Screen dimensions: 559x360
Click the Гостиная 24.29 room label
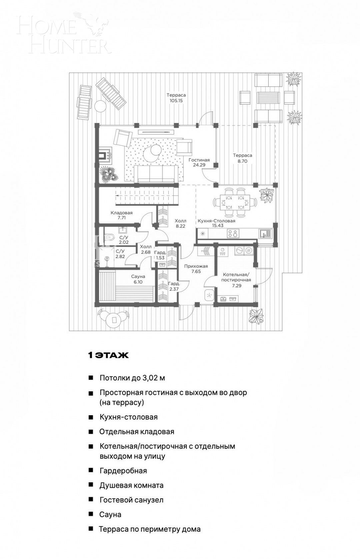pyautogui.click(x=199, y=162)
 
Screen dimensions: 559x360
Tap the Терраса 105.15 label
pyautogui.click(x=176, y=98)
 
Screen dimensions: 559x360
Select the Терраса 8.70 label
pyautogui.click(x=242, y=158)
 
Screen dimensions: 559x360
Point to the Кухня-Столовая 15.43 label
pyautogui.click(x=216, y=223)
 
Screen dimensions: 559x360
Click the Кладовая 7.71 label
pyautogui.click(x=122, y=215)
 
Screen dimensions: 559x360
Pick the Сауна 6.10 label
pyautogui.click(x=138, y=279)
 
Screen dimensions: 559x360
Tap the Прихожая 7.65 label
pyautogui.click(x=196, y=269)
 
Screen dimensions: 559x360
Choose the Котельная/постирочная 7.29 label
pyautogui.click(x=236, y=280)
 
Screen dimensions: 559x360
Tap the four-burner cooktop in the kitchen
pyautogui.click(x=233, y=234)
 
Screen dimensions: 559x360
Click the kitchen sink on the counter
pyautogui.click(x=265, y=234)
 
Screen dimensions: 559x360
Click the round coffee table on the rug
pyautogui.click(x=152, y=152)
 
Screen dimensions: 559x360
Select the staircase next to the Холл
pyautogui.click(x=147, y=196)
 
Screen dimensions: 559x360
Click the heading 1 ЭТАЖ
pyautogui.click(x=108, y=355)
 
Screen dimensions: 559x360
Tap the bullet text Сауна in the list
pyautogui.click(x=110, y=514)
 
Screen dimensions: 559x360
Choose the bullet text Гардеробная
pyautogui.click(x=123, y=471)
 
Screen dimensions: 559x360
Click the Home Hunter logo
pyautogui.click(x=63, y=33)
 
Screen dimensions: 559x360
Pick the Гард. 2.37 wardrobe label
pyautogui.click(x=174, y=286)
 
